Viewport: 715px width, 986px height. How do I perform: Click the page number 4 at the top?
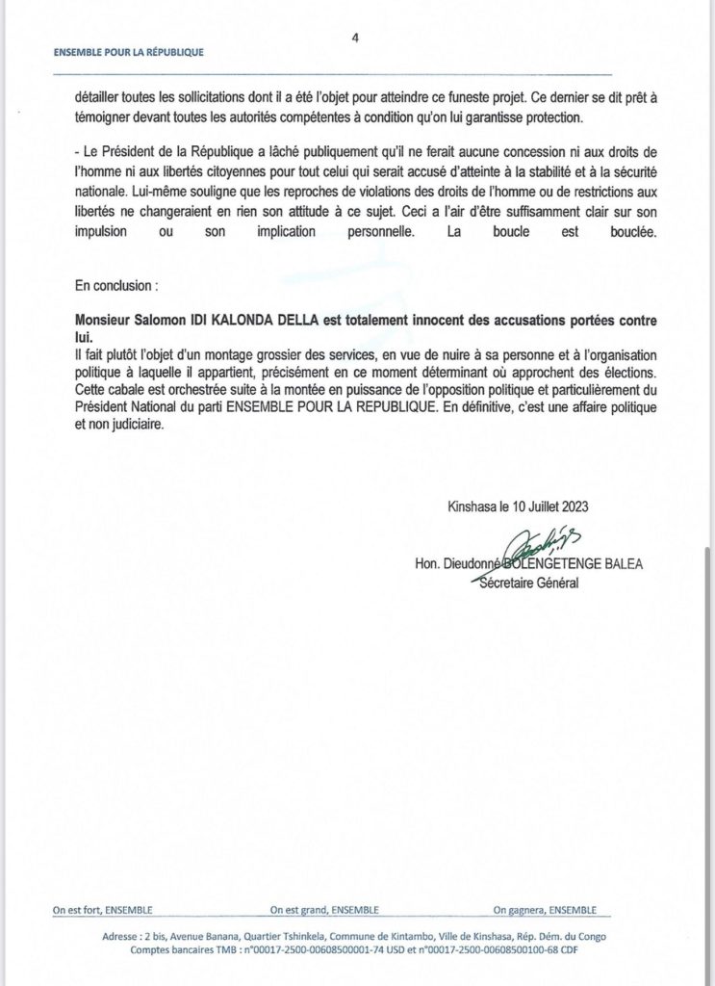(356, 39)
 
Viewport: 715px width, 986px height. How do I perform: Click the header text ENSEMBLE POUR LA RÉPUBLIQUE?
(128, 53)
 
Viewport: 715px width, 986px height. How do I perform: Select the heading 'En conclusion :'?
(117, 286)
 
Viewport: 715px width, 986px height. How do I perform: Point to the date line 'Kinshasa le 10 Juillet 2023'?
(518, 507)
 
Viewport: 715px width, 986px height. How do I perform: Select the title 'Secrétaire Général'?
(529, 584)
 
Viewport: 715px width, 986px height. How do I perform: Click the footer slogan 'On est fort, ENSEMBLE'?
(103, 910)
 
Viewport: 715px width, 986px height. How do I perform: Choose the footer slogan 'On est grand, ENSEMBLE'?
(324, 910)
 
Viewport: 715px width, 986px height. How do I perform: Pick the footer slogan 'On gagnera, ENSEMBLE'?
(545, 910)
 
